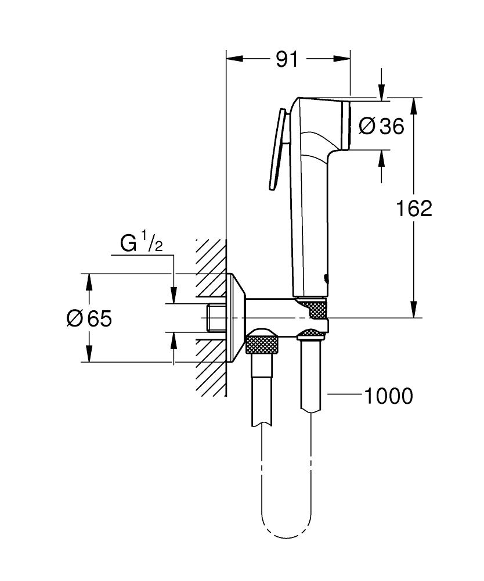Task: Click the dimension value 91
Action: pyautogui.click(x=287, y=59)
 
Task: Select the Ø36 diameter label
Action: pyautogui.click(x=381, y=125)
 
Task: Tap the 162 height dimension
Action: pyautogui.click(x=414, y=208)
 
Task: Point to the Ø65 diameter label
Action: pyautogui.click(x=89, y=318)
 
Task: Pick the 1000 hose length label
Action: pyautogui.click(x=388, y=396)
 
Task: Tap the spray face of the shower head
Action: pyautogui.click(x=347, y=124)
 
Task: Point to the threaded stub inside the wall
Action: pyautogui.click(x=215, y=318)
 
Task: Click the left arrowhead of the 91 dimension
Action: pyautogui.click(x=233, y=59)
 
